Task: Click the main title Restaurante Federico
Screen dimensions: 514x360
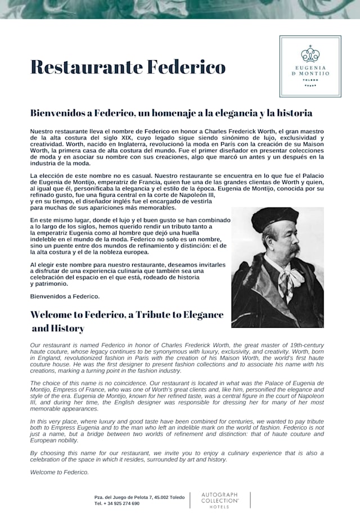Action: click(x=128, y=67)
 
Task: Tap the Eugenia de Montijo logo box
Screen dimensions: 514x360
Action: click(x=310, y=66)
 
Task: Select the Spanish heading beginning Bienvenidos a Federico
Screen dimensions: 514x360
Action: click(x=171, y=113)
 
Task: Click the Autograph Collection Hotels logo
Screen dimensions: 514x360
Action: click(x=219, y=501)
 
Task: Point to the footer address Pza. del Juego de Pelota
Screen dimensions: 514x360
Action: click(x=139, y=497)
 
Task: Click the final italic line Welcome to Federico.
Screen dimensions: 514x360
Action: click(x=60, y=472)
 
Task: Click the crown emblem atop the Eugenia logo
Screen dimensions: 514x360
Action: click(x=310, y=54)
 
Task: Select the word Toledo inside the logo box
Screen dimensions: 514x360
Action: click(x=310, y=80)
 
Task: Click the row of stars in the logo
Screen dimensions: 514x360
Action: click(x=310, y=85)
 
